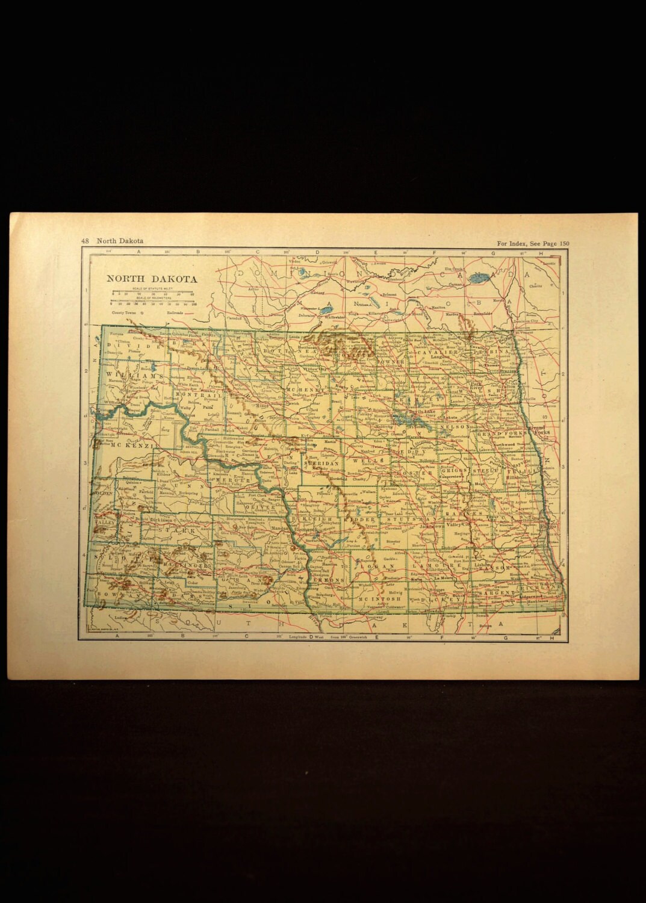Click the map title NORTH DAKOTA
[143, 279]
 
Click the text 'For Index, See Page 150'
[533, 243]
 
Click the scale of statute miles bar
[152, 294]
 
